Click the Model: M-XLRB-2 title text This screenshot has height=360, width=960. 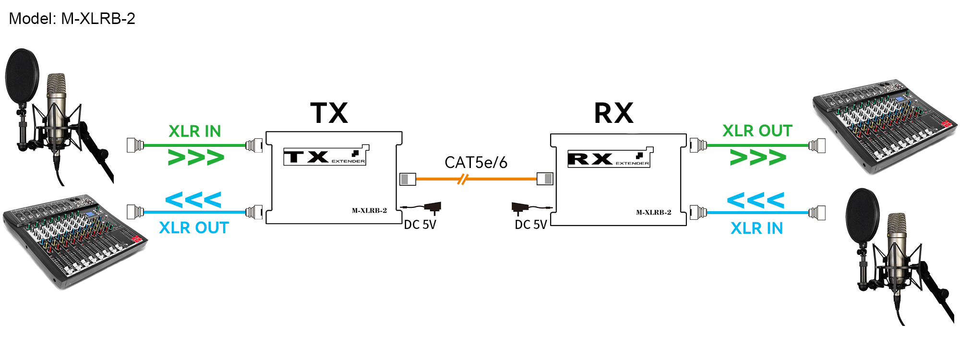[x=72, y=19]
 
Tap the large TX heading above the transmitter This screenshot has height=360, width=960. [x=329, y=113]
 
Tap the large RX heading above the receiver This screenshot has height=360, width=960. [x=613, y=113]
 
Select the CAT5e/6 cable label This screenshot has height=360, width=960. [x=476, y=163]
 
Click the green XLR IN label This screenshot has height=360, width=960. [x=194, y=131]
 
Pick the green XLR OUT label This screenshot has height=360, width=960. [x=757, y=131]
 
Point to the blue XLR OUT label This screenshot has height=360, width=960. [x=194, y=228]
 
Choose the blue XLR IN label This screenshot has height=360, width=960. [x=756, y=228]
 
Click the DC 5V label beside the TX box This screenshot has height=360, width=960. [x=420, y=225]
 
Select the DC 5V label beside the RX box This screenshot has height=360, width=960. [x=531, y=225]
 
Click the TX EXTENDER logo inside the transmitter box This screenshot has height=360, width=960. [x=326, y=156]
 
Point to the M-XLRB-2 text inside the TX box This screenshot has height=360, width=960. [x=369, y=210]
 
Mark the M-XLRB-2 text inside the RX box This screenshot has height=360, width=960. [x=653, y=212]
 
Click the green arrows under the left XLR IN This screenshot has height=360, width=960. [x=196, y=157]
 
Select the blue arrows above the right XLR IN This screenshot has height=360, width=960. [x=756, y=200]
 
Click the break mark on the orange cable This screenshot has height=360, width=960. [x=462, y=180]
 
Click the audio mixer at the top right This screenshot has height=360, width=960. [x=884, y=125]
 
